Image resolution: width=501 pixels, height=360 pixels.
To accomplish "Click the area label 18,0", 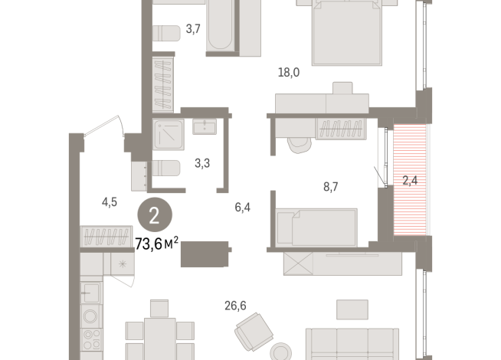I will [288, 73].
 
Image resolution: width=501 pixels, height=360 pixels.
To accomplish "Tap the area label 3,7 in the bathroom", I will [193, 30].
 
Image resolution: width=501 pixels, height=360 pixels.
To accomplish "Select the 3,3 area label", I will [202, 163].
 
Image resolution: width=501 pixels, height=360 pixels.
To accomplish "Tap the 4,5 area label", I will [110, 203].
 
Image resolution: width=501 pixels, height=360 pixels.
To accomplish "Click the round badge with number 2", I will [155, 215].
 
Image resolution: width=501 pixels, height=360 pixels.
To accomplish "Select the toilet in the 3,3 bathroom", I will [167, 168].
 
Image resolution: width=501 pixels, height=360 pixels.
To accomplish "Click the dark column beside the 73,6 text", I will [205, 254].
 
